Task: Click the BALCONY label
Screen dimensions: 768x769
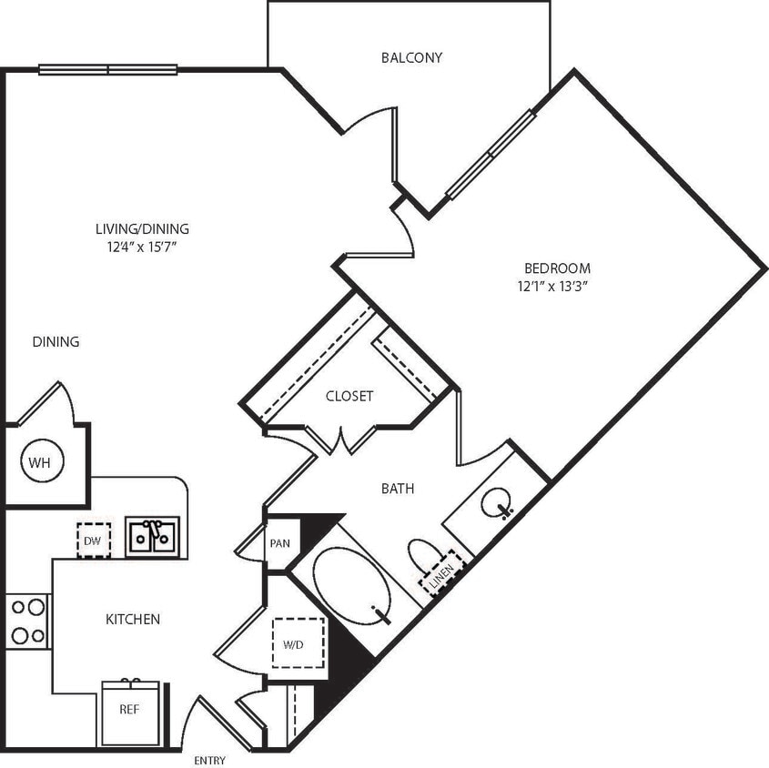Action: tap(411, 57)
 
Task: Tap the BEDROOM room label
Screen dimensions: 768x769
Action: tap(557, 268)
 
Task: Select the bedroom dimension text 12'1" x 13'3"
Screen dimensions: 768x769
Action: tap(556, 287)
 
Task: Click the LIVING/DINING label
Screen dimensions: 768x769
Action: tap(142, 229)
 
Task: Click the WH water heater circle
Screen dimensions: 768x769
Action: tap(38, 462)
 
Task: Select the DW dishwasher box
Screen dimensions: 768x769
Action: tap(93, 539)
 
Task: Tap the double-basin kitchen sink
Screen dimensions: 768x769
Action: tap(152, 536)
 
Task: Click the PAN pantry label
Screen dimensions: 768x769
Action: tap(279, 543)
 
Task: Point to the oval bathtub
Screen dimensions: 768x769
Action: tap(351, 585)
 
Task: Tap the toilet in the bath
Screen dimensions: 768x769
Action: tap(425, 557)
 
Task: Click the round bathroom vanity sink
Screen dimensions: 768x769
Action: tap(497, 501)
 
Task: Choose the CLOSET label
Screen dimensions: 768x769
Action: tap(349, 396)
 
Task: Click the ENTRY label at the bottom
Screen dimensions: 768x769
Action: tap(209, 761)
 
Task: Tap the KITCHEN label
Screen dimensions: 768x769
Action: tap(133, 619)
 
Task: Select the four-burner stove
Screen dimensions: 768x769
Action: tap(28, 621)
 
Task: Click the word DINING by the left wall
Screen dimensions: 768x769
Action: tap(56, 342)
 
